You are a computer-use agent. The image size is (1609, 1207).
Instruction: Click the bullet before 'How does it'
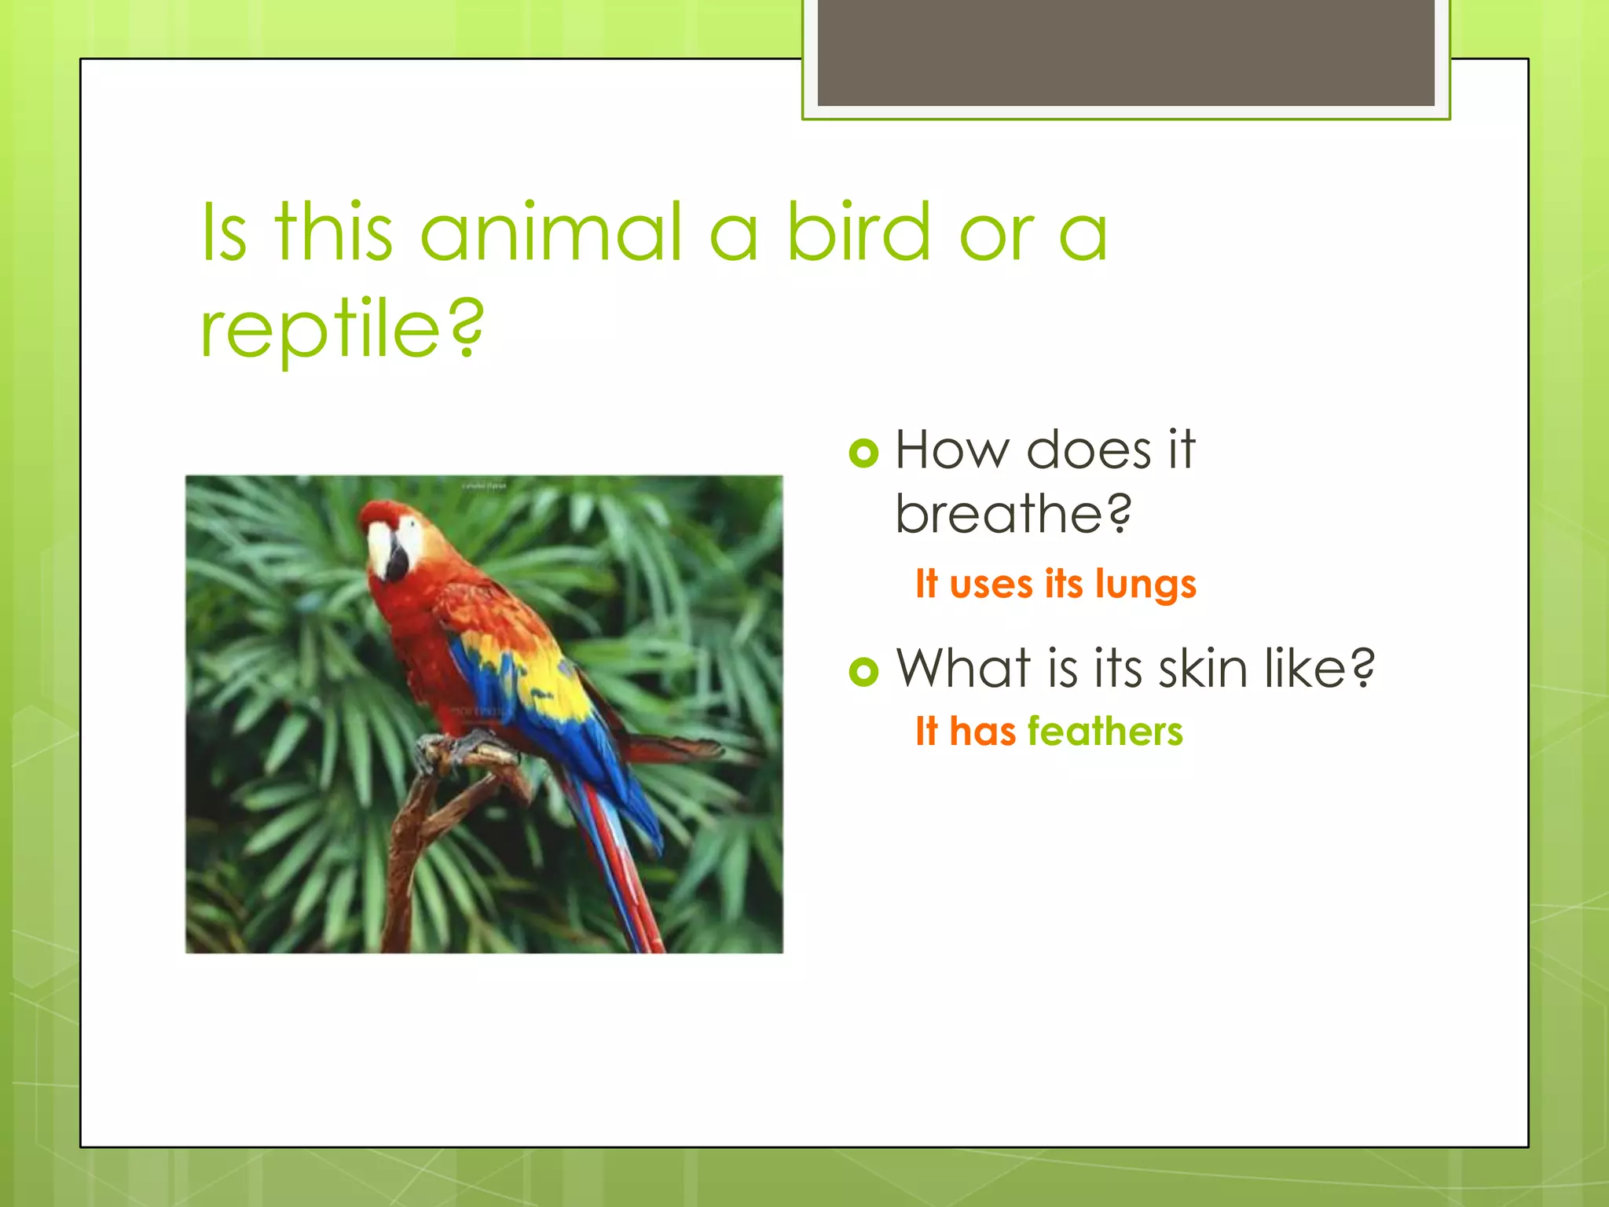point(863,453)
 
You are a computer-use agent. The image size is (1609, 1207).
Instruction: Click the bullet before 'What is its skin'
point(863,670)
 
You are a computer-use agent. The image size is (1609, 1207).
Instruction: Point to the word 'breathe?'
point(1013,514)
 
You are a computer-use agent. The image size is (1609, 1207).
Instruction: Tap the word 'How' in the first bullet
point(952,450)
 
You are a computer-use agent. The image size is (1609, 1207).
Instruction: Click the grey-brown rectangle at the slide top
point(1125,52)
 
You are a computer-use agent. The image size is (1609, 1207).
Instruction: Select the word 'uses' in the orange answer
point(991,585)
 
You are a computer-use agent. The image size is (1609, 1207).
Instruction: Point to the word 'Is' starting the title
point(224,233)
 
